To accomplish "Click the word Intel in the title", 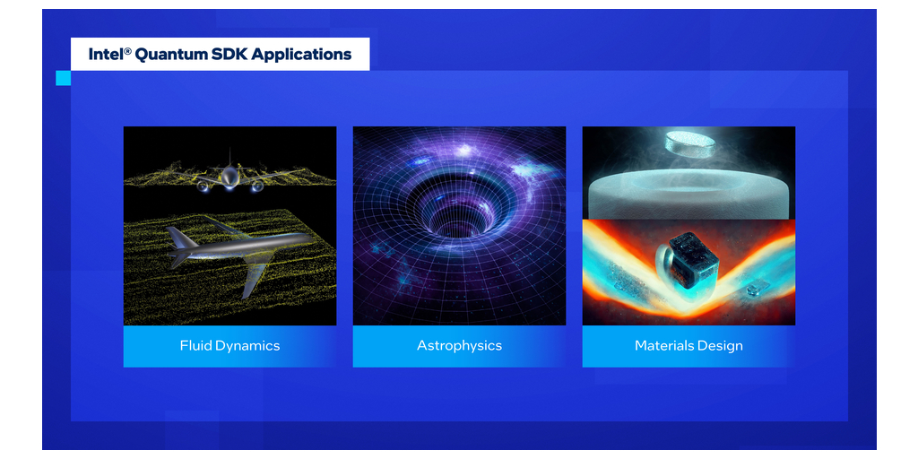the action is tap(106, 55).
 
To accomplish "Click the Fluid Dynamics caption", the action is tap(229, 346).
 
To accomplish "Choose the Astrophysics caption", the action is tap(459, 346).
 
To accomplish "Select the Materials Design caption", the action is tap(688, 346).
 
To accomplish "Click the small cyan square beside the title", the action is tap(64, 78).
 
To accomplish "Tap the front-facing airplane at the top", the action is tap(230, 174).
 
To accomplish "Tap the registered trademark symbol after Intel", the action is tap(127, 51).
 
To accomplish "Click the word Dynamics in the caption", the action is tap(247, 346).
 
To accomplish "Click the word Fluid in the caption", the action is tap(195, 345).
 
